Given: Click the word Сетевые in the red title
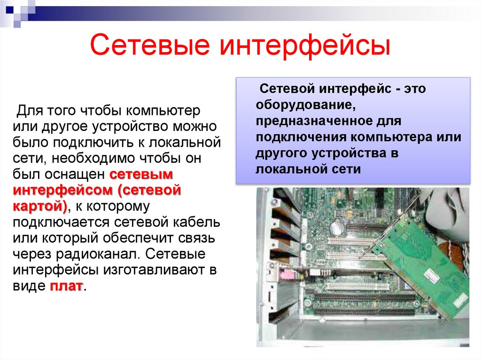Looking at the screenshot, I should pyautogui.click(x=149, y=46).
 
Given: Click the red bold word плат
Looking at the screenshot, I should pyautogui.click(x=66, y=286).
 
